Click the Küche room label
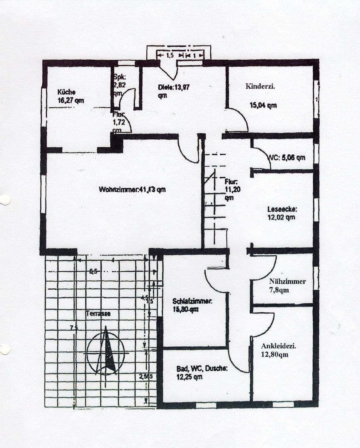tap(66, 92)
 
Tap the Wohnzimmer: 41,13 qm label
tap(132, 190)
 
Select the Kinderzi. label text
tap(260, 87)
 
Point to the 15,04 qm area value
tap(263, 105)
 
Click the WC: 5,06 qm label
tap(287, 158)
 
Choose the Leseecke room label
tap(282, 209)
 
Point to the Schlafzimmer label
tap(192, 302)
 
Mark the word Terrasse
tap(98, 314)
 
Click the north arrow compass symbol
tap(106, 351)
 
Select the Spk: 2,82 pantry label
tap(120, 81)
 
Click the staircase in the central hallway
tap(216, 203)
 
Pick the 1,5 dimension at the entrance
tap(169, 55)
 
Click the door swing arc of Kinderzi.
tap(239, 118)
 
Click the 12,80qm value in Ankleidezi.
tap(275, 355)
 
